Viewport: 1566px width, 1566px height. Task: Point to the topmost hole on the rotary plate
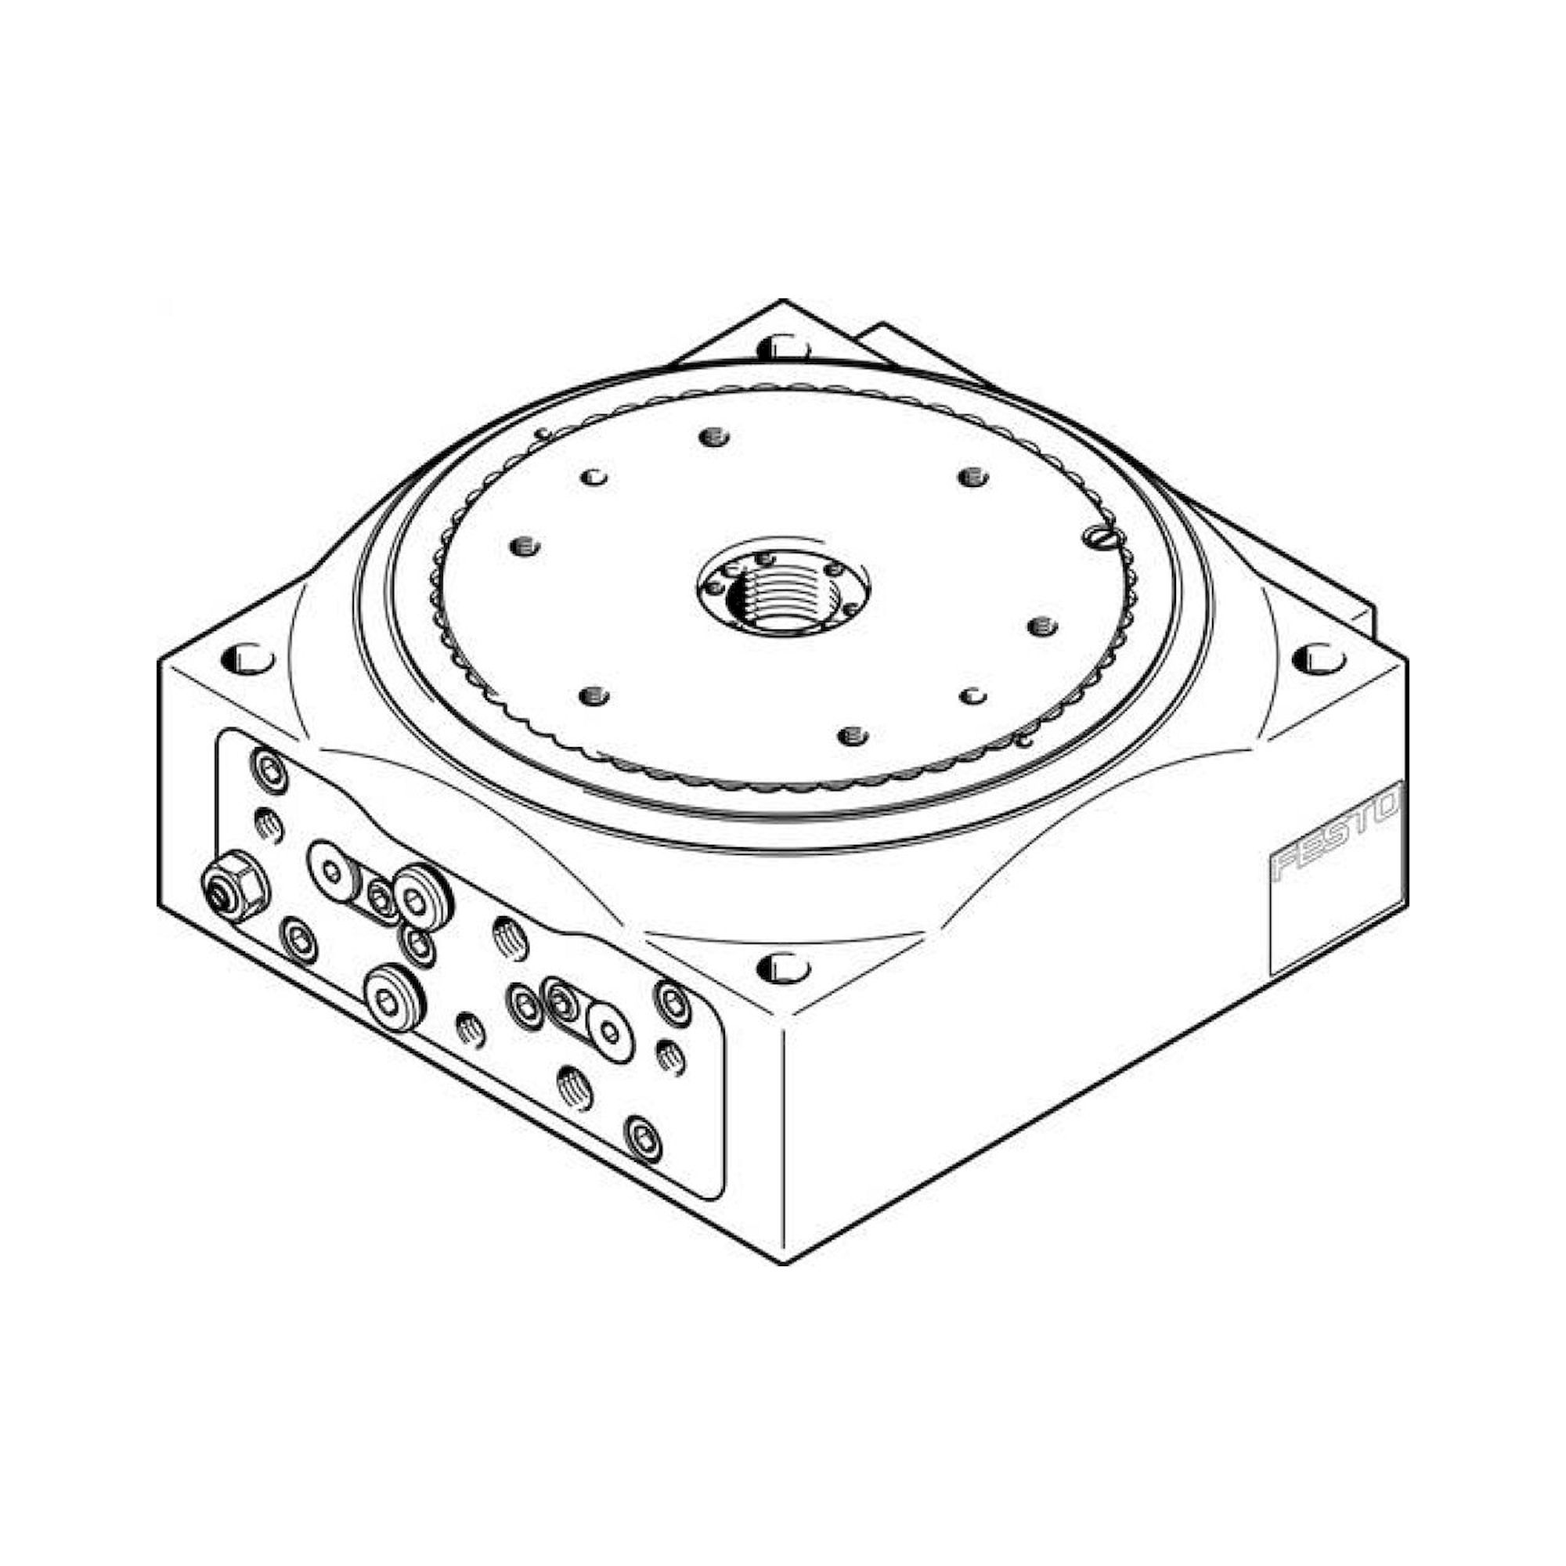tap(713, 438)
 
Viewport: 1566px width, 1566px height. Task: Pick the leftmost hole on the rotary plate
tap(525, 545)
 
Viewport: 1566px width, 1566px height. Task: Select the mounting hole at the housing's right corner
tap(1318, 659)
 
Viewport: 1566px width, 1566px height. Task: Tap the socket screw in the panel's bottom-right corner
tap(644, 1138)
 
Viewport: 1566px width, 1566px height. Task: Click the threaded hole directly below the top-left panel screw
tap(269, 826)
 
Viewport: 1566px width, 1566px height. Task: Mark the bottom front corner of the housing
tap(783, 1263)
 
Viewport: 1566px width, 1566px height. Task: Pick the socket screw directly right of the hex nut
tap(298, 940)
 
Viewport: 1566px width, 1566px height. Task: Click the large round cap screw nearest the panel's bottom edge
tap(394, 998)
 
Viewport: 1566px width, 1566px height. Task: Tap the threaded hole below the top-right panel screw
tap(671, 1055)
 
